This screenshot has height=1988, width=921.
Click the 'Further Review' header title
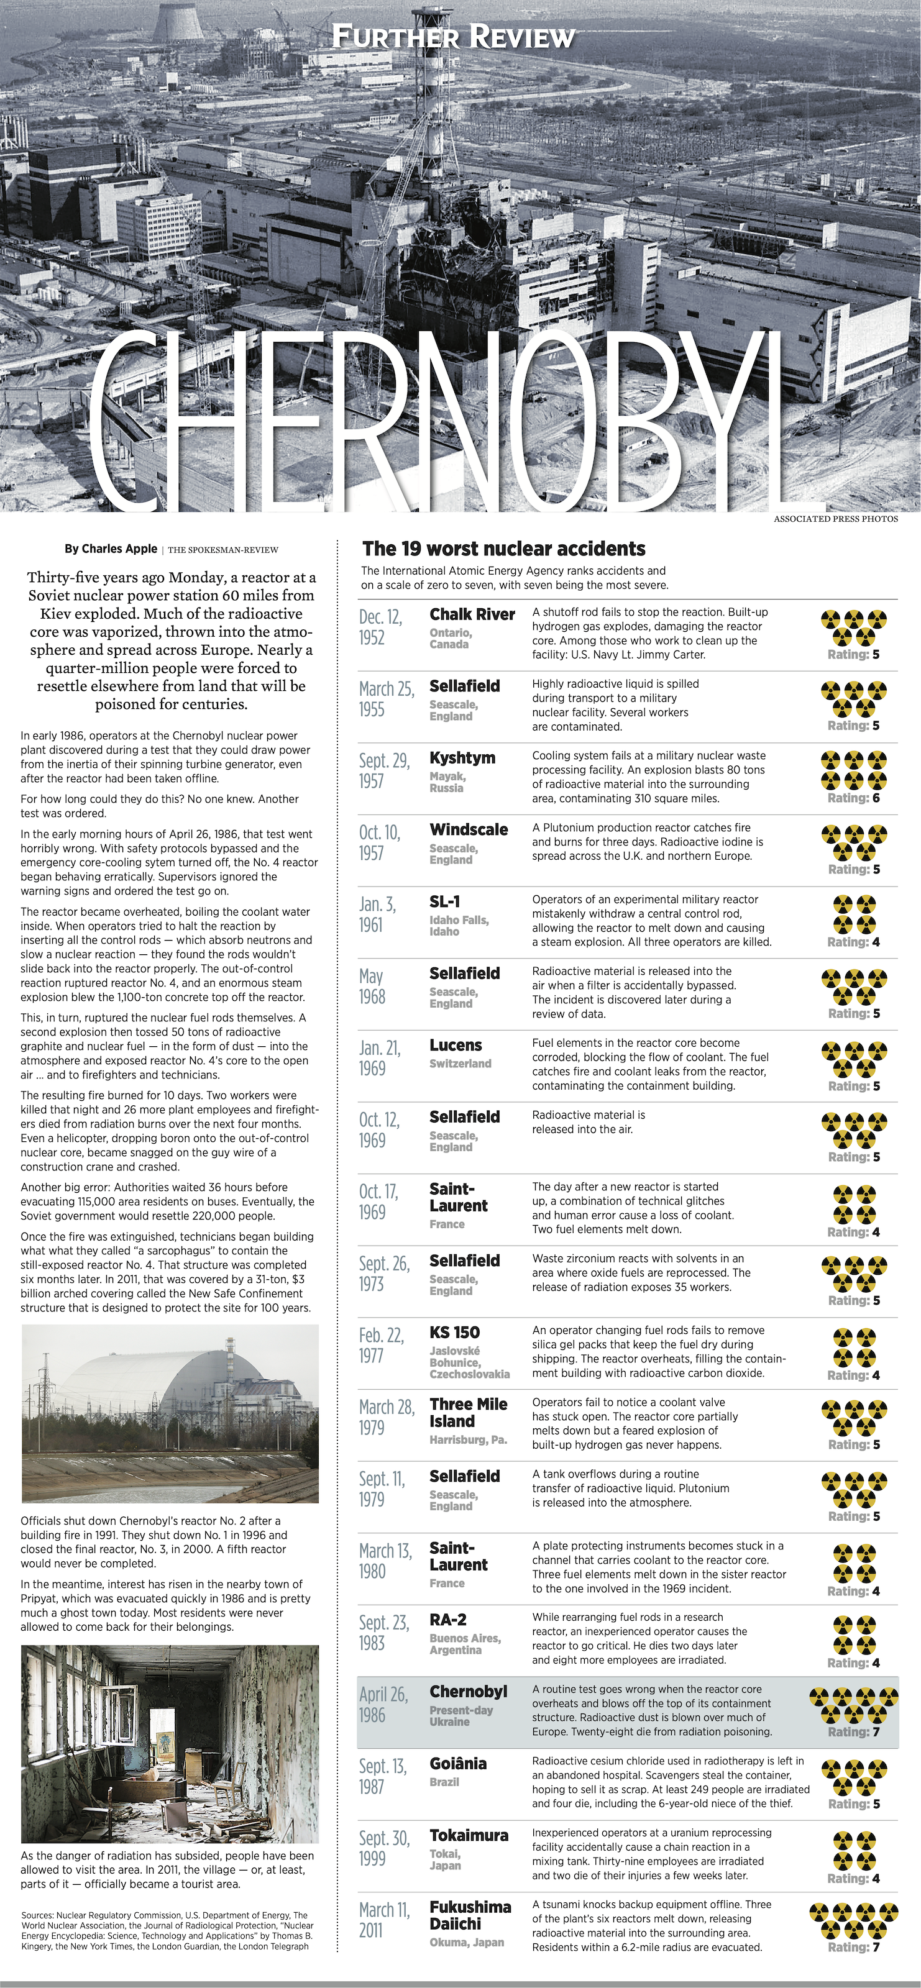453,36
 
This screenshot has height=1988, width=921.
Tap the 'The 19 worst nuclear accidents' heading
503,549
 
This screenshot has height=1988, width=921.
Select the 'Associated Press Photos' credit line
835,519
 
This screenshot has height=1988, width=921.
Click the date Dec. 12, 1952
380,627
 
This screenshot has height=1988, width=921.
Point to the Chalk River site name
472,614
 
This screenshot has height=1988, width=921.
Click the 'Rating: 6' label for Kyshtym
853,798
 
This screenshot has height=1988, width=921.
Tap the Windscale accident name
469,829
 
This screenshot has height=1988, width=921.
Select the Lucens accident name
456,1045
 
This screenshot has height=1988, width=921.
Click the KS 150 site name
455,1332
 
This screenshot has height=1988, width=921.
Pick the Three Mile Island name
468,1412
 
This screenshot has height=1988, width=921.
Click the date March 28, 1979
387,1417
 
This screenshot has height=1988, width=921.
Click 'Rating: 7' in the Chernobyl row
853,1732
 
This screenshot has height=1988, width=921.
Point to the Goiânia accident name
458,1764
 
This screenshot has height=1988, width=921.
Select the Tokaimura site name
469,1835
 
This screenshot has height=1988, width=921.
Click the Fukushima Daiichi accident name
470,1915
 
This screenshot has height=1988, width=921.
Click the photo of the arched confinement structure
170,1414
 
